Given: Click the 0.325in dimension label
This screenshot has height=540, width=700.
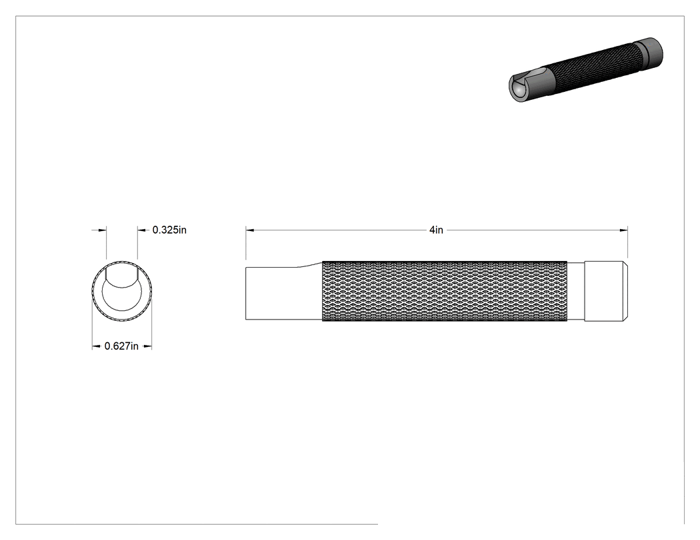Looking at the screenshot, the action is [169, 230].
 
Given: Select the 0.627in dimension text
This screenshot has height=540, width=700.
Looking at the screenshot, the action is [121, 346].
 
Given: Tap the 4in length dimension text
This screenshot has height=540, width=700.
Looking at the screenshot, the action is [436, 230].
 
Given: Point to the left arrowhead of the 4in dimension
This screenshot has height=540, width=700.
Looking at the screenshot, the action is [250, 230].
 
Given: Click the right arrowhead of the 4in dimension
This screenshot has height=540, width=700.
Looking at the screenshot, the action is [623, 230].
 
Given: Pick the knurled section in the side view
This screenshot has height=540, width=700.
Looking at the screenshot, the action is [445, 291].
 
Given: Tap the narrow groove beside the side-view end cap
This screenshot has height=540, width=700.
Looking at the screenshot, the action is [576, 291].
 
